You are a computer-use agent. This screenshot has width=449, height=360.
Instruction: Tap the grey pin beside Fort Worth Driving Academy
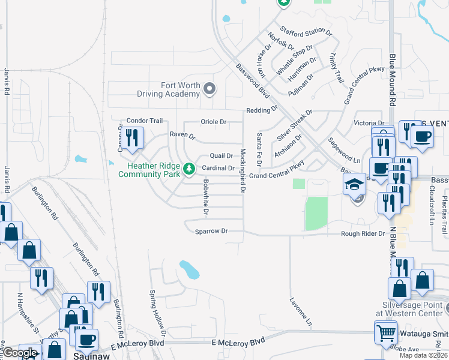point(209,89)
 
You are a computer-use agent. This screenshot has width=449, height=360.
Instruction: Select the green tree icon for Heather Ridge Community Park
point(190,169)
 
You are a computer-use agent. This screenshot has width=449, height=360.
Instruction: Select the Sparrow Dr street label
point(211,231)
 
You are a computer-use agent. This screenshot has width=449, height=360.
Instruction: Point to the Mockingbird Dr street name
point(243,170)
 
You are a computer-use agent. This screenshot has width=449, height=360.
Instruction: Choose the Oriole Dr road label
point(214,122)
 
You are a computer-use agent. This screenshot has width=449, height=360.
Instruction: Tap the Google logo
point(20,353)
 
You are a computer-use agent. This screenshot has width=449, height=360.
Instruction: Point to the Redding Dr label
point(262,110)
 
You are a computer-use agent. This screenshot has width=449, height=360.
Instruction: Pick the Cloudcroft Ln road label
point(431,204)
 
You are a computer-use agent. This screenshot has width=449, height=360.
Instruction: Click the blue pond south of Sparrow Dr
point(190,270)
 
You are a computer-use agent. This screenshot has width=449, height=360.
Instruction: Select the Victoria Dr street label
point(364,123)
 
